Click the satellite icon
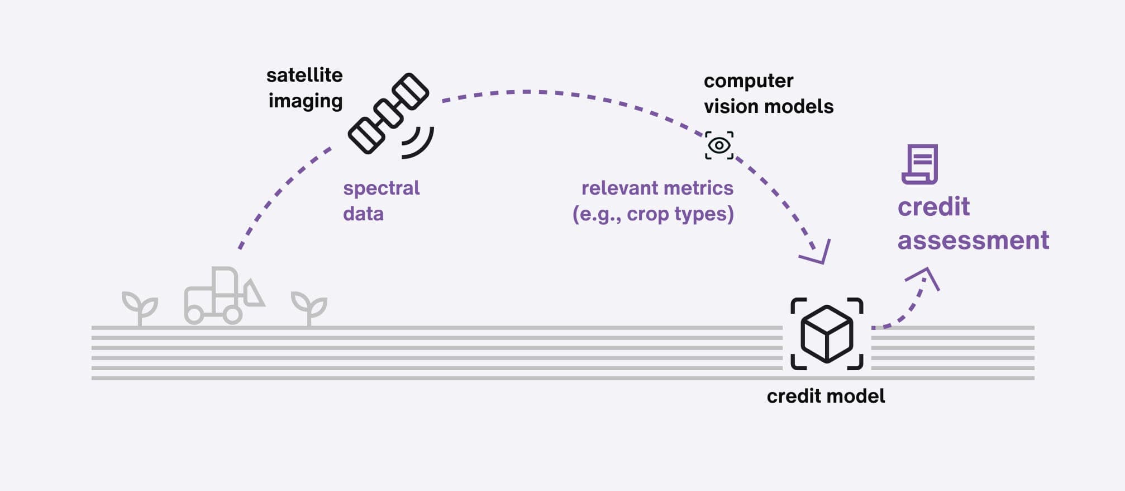click(x=388, y=113)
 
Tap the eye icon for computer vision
click(x=719, y=145)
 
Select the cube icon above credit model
click(x=827, y=334)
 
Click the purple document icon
click(x=920, y=164)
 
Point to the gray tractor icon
click(x=223, y=296)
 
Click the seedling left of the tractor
click(x=140, y=307)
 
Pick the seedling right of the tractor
click(x=309, y=307)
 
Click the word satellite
click(x=304, y=75)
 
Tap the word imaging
click(x=305, y=101)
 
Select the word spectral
click(x=381, y=188)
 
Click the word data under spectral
click(x=363, y=214)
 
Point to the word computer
click(x=749, y=81)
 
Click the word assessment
click(x=973, y=240)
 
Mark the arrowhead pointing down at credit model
click(x=818, y=254)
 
